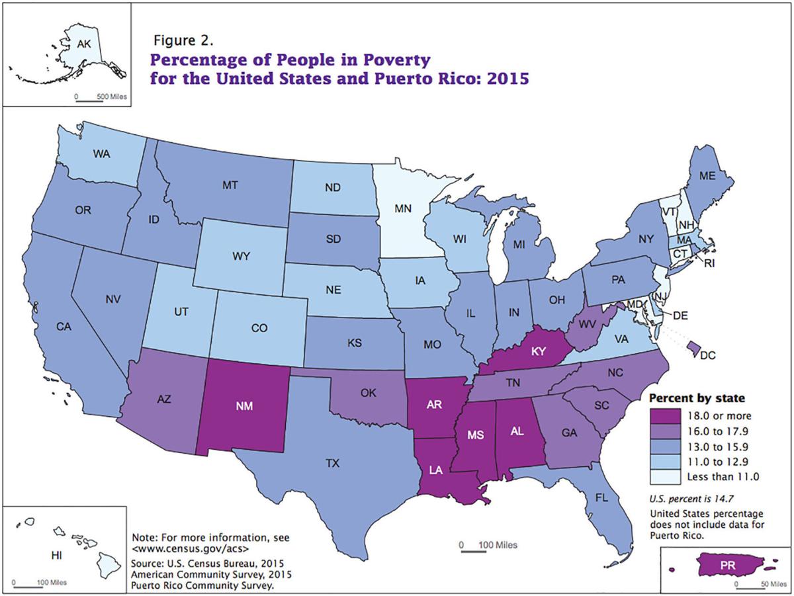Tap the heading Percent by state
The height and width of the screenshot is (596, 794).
click(x=696, y=399)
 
